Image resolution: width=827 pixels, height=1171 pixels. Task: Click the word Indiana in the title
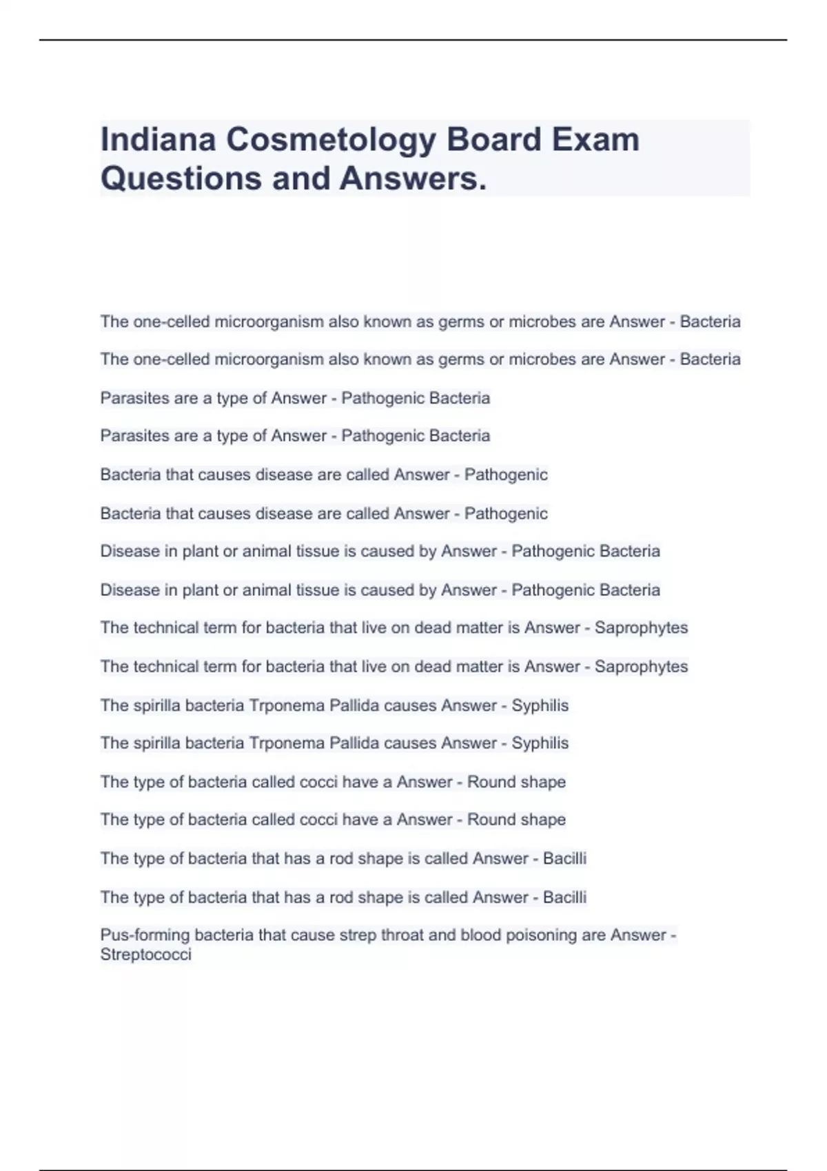coord(158,140)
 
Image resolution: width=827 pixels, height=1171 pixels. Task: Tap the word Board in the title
coord(494,140)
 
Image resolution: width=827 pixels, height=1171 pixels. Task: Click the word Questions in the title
coord(181,178)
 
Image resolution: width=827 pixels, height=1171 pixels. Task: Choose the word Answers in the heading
coord(413,178)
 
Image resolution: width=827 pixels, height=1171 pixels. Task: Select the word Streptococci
coord(145,955)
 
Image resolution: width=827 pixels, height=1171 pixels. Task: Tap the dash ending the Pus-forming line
coord(673,935)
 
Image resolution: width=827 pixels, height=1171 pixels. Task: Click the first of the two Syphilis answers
coord(540,705)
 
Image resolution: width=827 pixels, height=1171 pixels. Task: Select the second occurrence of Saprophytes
coord(641,667)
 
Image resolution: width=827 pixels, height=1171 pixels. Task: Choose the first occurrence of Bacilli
coord(564,858)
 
